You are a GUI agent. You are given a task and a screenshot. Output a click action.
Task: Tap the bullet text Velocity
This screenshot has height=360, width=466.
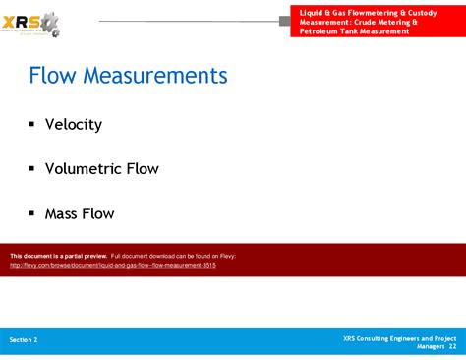[73, 125]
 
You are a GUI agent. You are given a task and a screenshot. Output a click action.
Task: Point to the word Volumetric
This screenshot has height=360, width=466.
[84, 169]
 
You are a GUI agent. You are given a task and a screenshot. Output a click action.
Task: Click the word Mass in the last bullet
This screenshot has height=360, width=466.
[62, 213]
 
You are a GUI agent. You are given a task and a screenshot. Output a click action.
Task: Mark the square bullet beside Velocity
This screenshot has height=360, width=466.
[32, 124]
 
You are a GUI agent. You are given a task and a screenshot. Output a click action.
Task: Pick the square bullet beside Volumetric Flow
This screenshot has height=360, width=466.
[32, 168]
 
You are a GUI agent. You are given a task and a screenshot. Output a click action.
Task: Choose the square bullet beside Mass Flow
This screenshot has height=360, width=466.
[32, 212]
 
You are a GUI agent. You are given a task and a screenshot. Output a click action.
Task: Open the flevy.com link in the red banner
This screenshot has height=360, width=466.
[112, 266]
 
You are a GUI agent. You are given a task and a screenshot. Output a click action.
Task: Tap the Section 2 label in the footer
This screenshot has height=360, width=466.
[24, 339]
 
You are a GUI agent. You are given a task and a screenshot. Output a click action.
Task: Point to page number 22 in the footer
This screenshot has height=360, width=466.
[452, 346]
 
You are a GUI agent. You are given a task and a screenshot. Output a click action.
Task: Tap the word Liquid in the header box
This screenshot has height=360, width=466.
[314, 11]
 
